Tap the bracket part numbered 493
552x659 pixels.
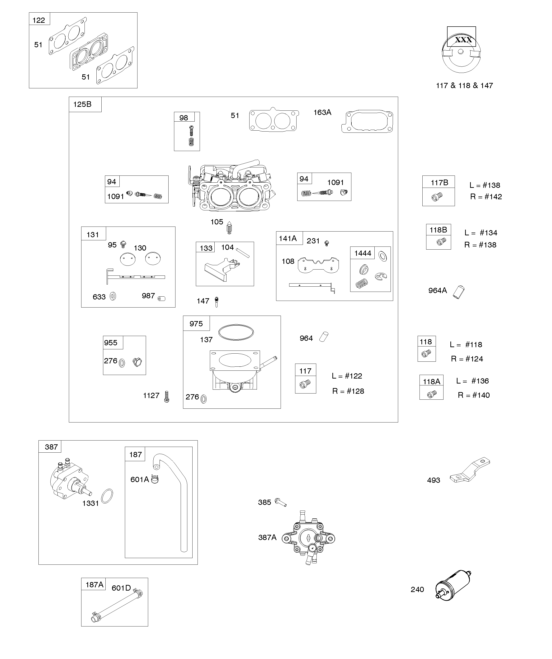[x=470, y=470]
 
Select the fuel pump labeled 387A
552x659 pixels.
[x=308, y=538]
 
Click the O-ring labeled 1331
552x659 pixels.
[x=107, y=496]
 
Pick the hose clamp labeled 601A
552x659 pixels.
[x=155, y=479]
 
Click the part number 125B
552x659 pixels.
[x=82, y=104]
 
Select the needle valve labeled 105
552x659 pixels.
[x=229, y=228]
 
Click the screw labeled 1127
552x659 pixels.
[x=167, y=396]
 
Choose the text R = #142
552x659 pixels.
[x=486, y=197]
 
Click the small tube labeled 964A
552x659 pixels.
[x=458, y=292]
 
